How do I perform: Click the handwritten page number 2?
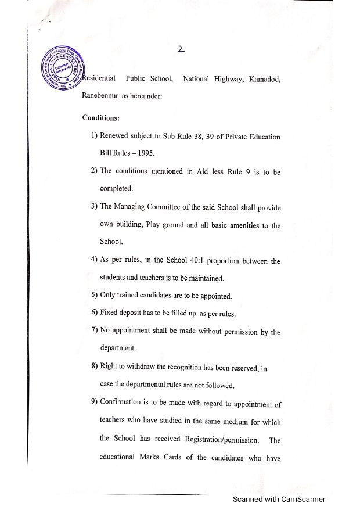(x=182, y=50)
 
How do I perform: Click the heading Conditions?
(x=101, y=117)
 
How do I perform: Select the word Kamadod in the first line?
(x=265, y=79)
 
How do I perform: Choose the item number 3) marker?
(x=94, y=206)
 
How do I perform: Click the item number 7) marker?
(x=94, y=331)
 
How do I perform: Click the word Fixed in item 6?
(x=110, y=313)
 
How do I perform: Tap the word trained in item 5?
(x=130, y=296)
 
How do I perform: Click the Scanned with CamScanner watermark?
(x=279, y=499)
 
